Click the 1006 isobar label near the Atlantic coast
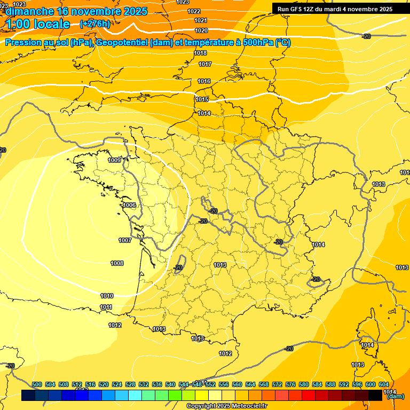coord(129,206)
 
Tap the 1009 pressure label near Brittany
coord(114,160)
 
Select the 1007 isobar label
coord(125,241)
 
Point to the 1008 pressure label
coord(117,263)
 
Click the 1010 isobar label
coord(107,296)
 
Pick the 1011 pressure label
coord(106,307)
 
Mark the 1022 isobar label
coord(194,11)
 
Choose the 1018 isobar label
coord(201,53)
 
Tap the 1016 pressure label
coord(204,81)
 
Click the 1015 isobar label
coord(202,100)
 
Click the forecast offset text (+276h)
coord(95,24)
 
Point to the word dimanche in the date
coord(29,11)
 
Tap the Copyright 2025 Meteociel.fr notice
coord(226,406)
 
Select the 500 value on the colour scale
coord(37,384)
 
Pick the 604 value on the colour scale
coord(384,384)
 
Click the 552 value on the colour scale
coord(210,384)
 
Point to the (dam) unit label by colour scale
coord(395,396)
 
